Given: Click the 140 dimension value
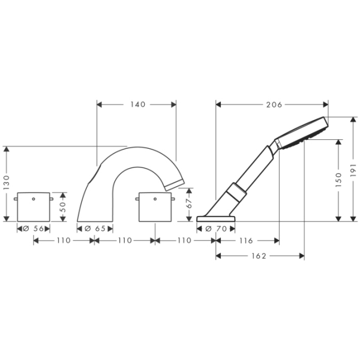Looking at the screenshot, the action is click(138, 104).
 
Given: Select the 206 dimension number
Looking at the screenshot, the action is click(274, 104).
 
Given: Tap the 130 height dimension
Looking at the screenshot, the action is click(7, 182).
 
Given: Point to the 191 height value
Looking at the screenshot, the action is click(353, 170).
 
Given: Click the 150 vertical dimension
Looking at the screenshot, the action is click(338, 179).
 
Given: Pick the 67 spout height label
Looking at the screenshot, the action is click(189, 203).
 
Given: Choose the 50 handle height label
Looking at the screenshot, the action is click(63, 206).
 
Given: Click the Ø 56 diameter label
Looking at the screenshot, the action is click(33, 229).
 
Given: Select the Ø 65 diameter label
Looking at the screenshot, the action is click(95, 229).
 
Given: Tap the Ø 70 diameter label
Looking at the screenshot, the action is click(216, 229).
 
